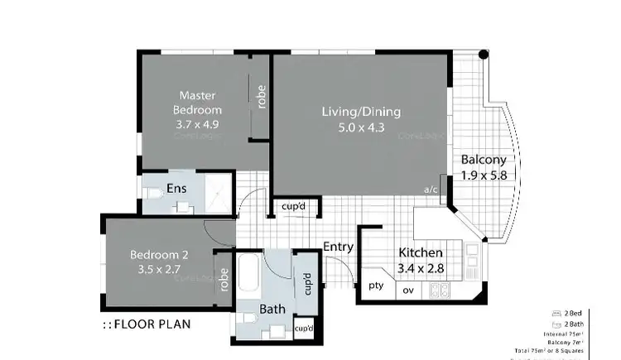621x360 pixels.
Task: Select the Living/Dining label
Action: (x=361, y=112)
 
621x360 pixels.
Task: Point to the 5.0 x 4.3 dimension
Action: (x=361, y=128)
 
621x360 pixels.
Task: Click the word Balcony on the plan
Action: (x=484, y=160)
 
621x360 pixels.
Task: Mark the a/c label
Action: (x=431, y=190)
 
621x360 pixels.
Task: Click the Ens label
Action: (x=176, y=189)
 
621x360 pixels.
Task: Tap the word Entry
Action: (x=338, y=247)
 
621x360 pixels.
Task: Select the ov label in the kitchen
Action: (x=407, y=290)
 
